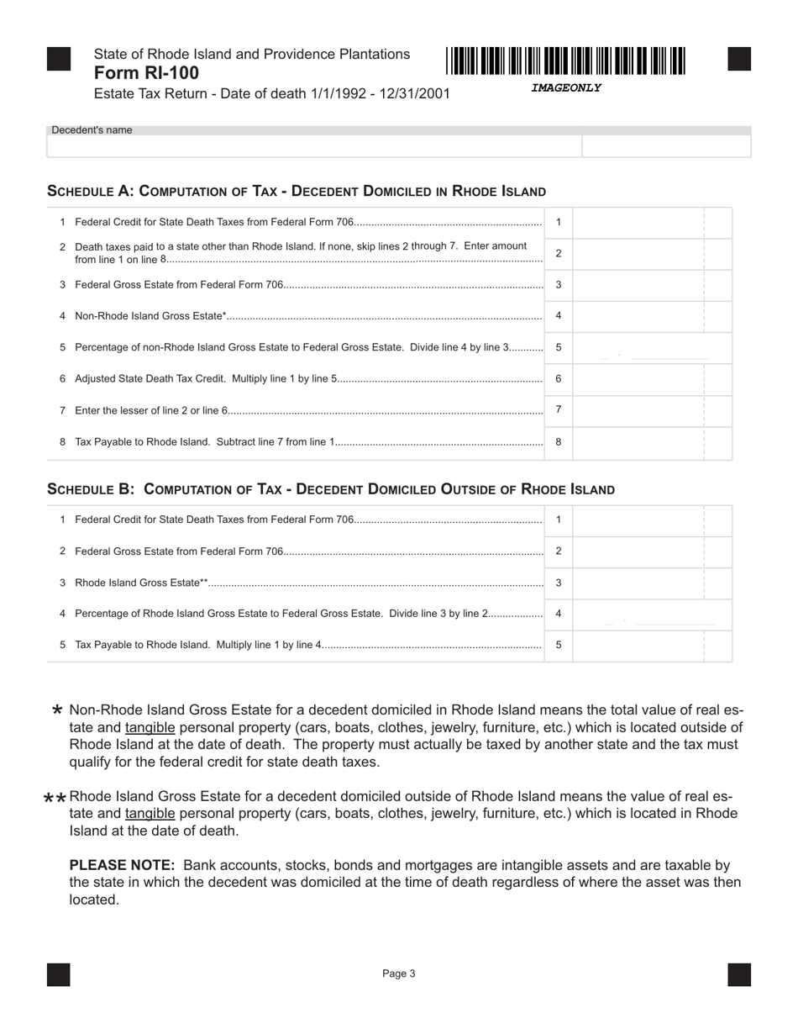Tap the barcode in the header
point(566,61)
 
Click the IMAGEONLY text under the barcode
point(566,87)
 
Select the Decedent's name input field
point(314,146)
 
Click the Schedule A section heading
point(297,191)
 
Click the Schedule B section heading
point(331,489)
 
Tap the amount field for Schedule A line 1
point(638,223)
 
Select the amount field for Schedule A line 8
point(638,442)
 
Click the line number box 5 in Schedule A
point(559,347)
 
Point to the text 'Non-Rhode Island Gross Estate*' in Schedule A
point(151,316)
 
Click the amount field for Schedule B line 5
point(638,646)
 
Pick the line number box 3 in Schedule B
point(559,583)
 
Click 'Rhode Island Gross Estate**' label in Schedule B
point(141,583)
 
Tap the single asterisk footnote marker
point(57,710)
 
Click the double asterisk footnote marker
point(55,798)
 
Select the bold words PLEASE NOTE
point(122,865)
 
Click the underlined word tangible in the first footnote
point(150,727)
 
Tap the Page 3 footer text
point(399,973)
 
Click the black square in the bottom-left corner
point(59,974)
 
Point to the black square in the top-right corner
point(739,59)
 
